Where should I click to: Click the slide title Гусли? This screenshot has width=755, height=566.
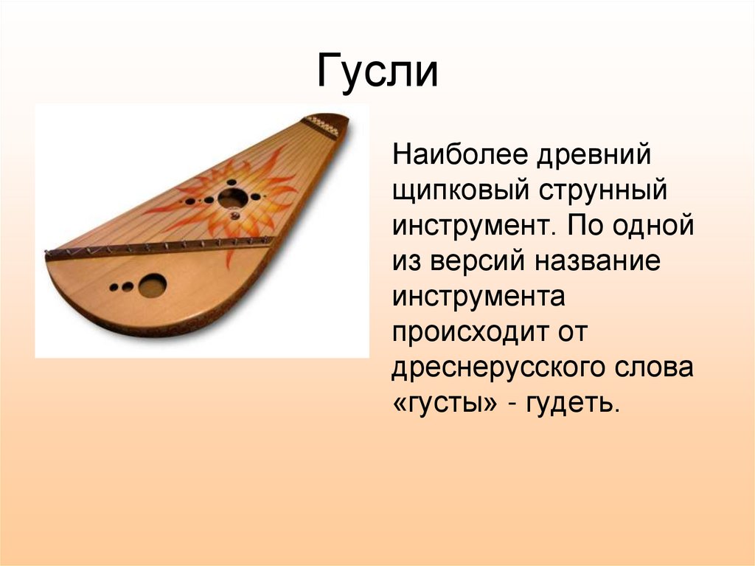click(x=377, y=72)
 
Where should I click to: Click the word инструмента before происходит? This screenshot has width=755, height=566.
click(x=479, y=298)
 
